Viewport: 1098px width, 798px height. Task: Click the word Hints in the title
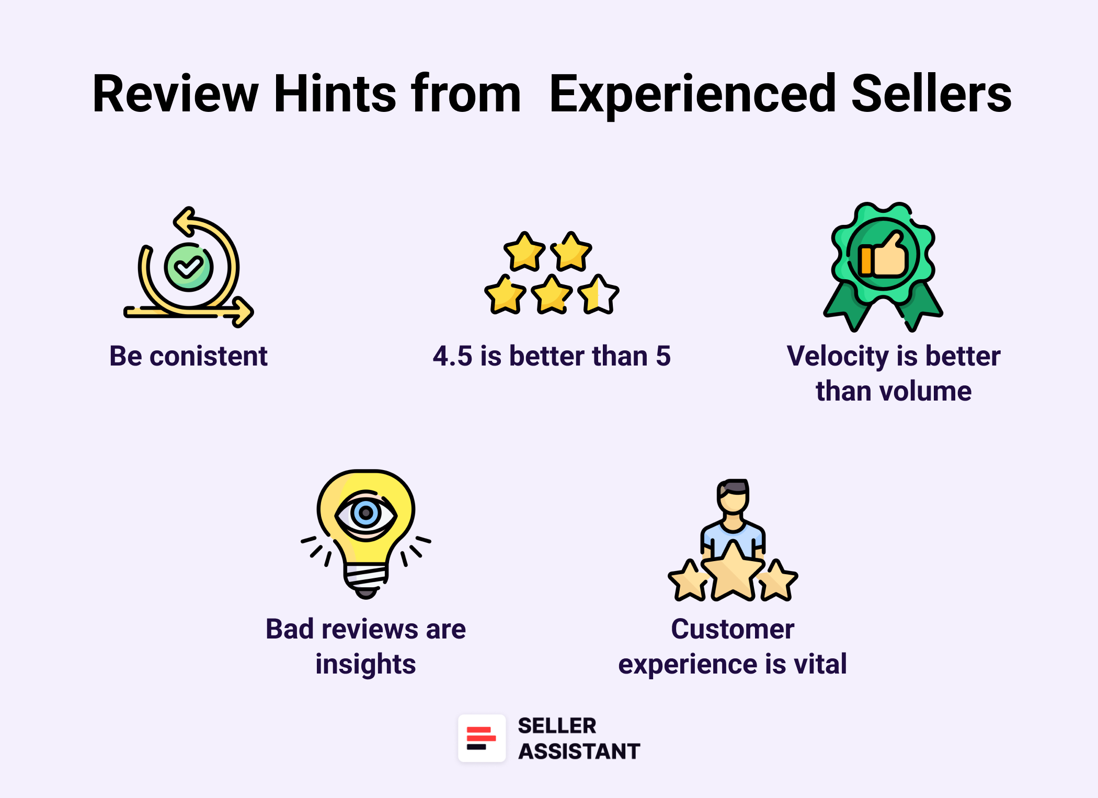tap(335, 94)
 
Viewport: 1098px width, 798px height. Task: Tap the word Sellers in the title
tap(931, 94)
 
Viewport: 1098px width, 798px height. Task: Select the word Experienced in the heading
tap(692, 95)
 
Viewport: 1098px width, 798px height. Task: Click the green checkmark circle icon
tap(189, 267)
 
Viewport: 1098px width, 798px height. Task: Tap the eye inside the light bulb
tap(366, 514)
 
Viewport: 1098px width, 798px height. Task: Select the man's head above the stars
tap(733, 497)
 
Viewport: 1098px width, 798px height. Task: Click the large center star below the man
tap(733, 573)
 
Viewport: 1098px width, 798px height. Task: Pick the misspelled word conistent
tap(209, 357)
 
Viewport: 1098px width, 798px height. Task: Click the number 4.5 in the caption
tap(452, 357)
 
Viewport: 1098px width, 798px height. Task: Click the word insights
tap(365, 665)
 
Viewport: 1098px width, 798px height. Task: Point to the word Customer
tap(733, 629)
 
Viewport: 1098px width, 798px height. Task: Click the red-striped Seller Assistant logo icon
tap(482, 738)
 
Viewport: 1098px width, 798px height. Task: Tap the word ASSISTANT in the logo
tap(579, 751)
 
